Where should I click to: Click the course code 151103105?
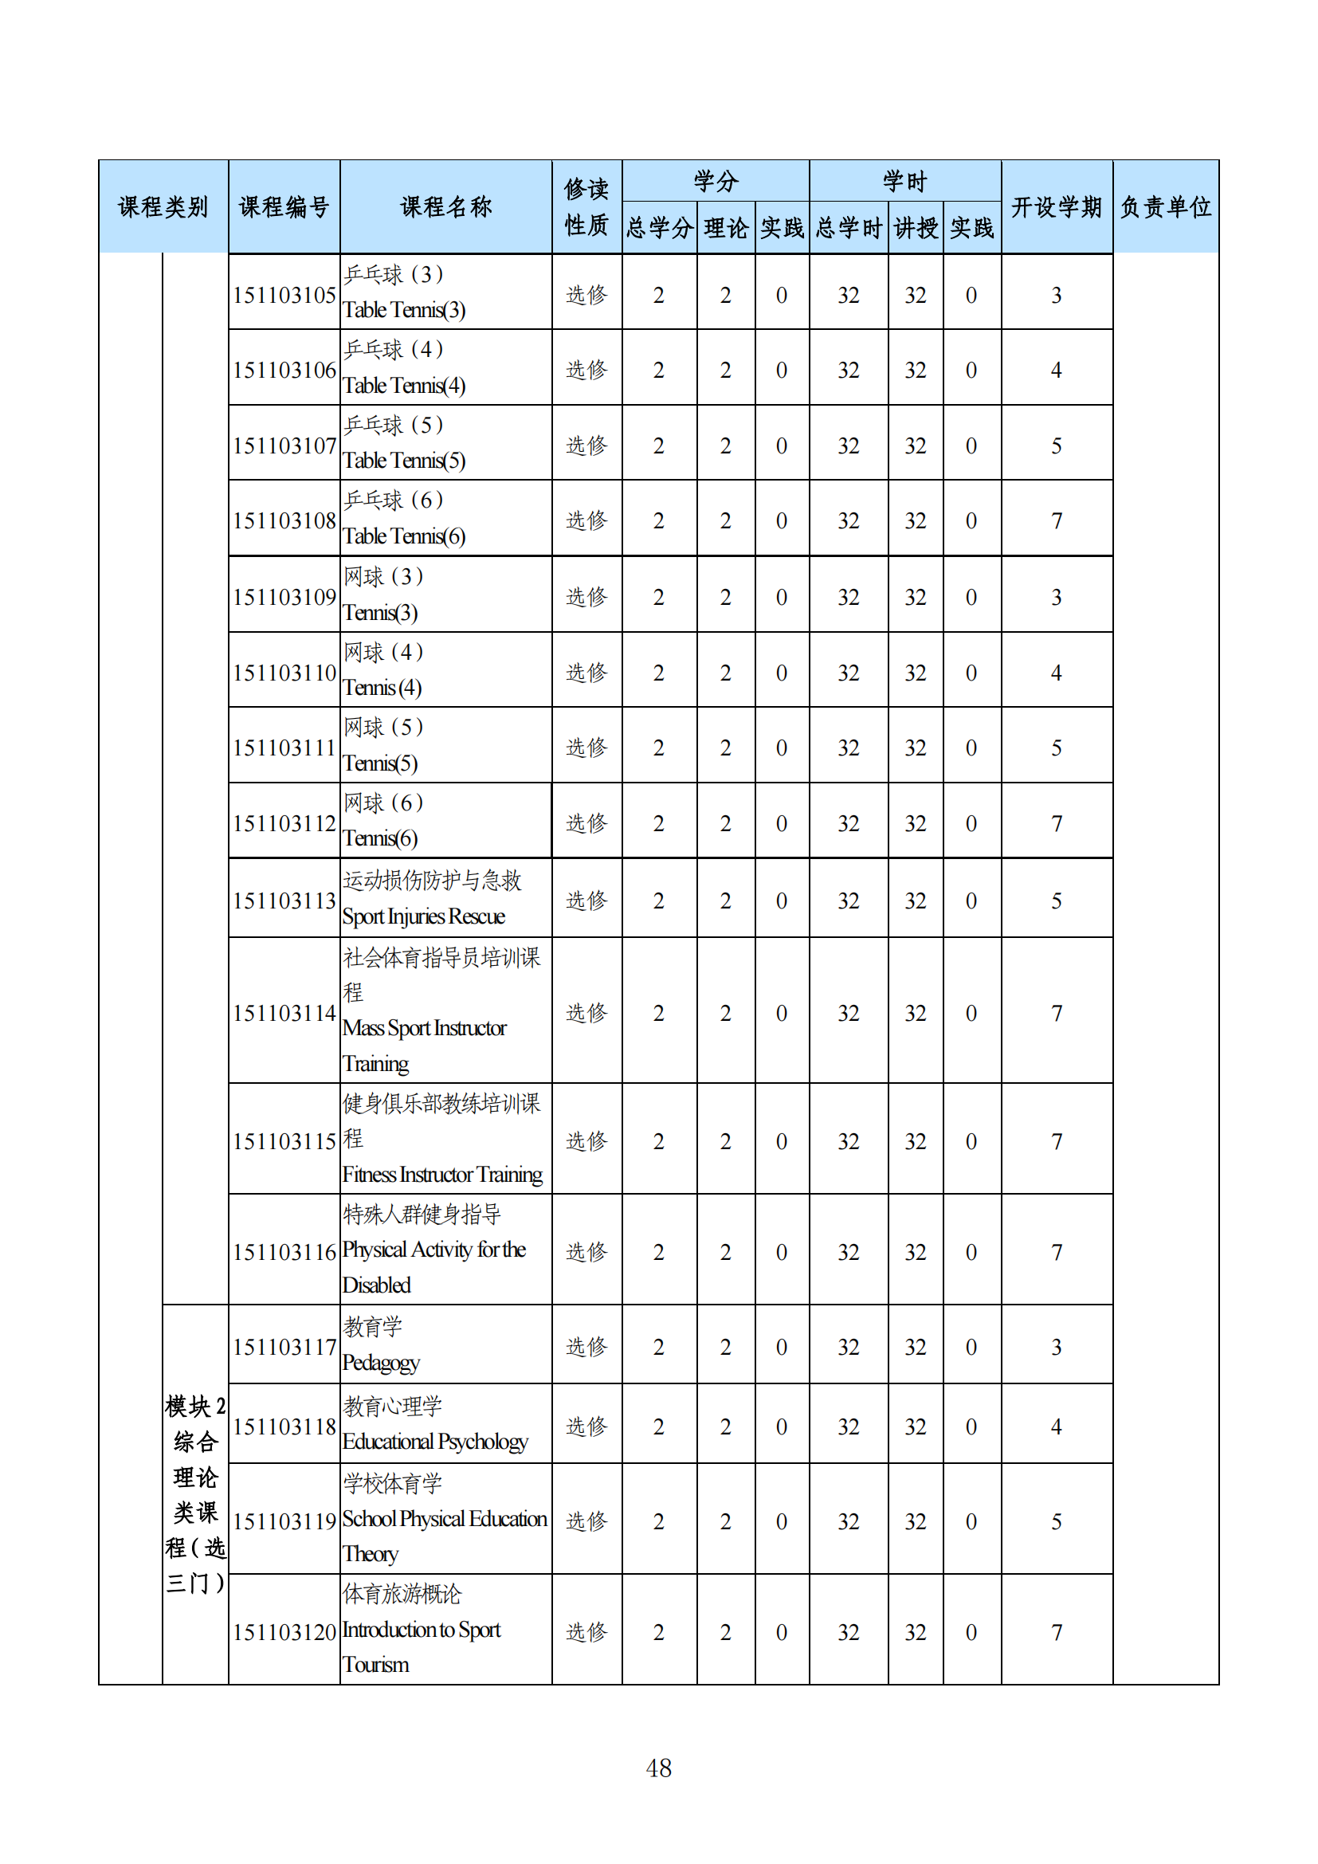(x=284, y=295)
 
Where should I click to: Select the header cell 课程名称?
(x=445, y=207)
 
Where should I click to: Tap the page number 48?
(x=658, y=1768)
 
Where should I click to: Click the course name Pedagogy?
(x=381, y=1362)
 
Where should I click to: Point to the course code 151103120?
(x=284, y=1632)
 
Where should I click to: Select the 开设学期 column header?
(x=1056, y=207)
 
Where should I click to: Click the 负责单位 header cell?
(x=1166, y=207)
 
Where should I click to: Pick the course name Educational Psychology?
(x=435, y=1441)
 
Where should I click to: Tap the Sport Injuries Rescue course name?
(x=424, y=916)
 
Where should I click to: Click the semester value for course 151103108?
(x=1056, y=520)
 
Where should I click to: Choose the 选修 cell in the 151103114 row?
(x=586, y=1012)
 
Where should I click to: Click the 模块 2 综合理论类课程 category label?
(x=194, y=1493)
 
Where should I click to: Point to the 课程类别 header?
(x=163, y=207)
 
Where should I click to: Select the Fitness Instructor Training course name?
(x=442, y=1174)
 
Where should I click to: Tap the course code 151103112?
(x=284, y=823)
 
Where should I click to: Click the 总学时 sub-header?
(x=848, y=228)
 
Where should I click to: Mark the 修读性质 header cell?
(x=586, y=207)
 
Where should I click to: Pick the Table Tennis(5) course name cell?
(x=404, y=461)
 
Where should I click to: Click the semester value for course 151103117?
(x=1056, y=1347)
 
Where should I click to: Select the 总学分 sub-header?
(x=659, y=228)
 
